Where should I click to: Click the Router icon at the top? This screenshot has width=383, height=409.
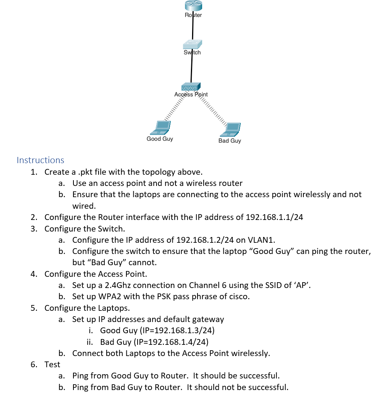[193, 5]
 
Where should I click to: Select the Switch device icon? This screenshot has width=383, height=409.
[192, 44]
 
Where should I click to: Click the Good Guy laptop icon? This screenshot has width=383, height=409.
[161, 128]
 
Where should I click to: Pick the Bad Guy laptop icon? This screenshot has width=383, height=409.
[231, 130]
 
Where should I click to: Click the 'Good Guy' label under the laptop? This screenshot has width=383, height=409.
[160, 139]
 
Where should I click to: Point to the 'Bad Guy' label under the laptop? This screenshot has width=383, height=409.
[230, 141]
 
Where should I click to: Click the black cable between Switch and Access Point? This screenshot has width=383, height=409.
[191, 70]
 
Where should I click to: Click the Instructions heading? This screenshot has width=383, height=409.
[41, 160]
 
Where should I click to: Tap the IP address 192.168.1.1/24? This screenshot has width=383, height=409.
[274, 217]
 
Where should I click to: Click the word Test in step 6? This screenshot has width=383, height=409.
[52, 365]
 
